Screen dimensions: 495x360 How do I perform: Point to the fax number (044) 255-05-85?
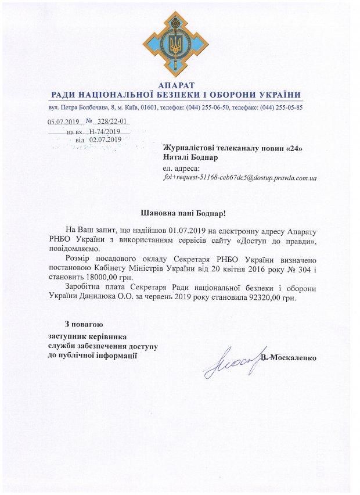click(282, 107)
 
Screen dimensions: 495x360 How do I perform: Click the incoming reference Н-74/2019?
click(105, 132)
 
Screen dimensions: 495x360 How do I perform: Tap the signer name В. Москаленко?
click(289, 357)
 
